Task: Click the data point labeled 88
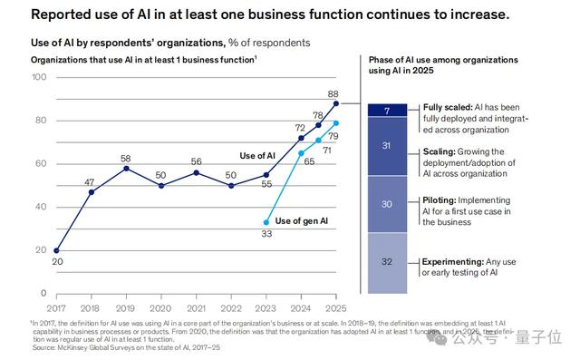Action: (335, 103)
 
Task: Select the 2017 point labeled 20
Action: (57, 250)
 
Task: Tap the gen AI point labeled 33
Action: (266, 222)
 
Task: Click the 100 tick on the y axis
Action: (39, 77)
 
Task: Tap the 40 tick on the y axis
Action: (39, 207)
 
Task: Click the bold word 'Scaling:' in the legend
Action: (443, 152)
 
